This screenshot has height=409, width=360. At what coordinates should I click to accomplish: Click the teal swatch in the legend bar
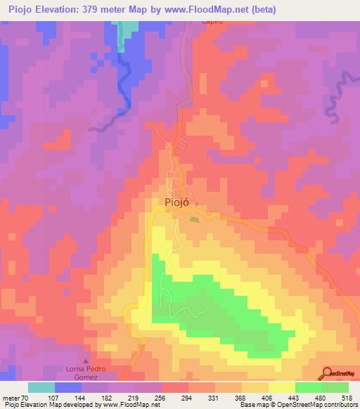(41, 387)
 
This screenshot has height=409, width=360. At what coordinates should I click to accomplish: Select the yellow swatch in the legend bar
(282, 387)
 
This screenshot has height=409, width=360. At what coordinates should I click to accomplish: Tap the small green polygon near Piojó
(194, 219)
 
